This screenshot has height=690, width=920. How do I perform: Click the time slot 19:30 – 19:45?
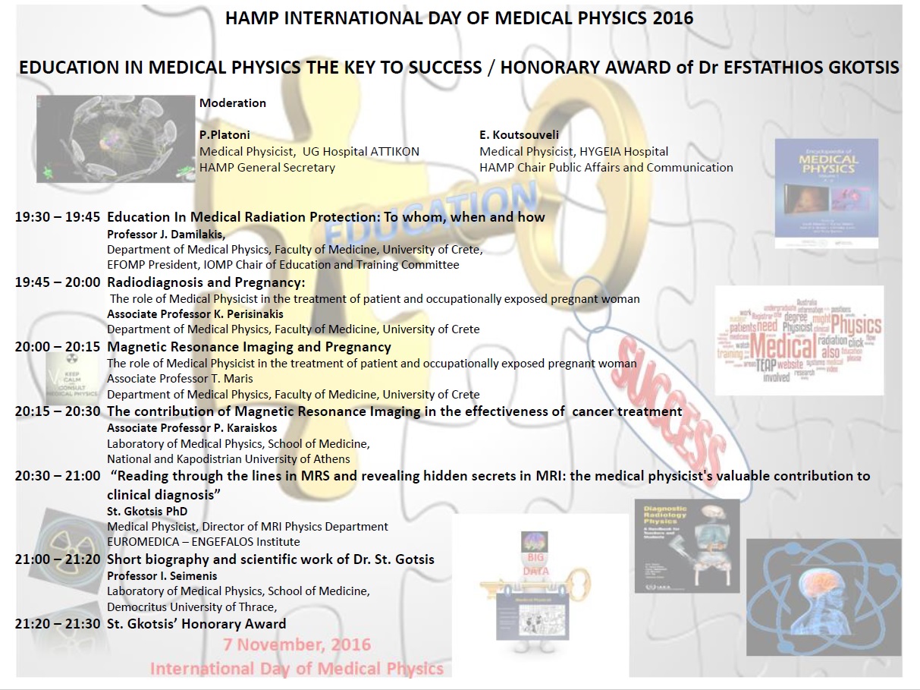(x=58, y=217)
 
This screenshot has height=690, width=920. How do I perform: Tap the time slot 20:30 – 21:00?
(x=58, y=476)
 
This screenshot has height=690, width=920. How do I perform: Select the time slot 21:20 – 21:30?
(x=58, y=624)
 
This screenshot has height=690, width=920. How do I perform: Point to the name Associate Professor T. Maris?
(x=180, y=378)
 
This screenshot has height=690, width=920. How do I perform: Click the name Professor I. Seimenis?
(x=162, y=575)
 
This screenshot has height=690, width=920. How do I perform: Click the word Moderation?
(x=233, y=102)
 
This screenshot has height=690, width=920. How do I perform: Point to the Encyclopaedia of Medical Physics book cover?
(x=826, y=194)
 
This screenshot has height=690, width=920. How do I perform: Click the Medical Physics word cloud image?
(x=799, y=340)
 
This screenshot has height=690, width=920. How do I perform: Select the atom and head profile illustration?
(x=824, y=597)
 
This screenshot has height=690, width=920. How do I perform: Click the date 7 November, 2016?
(x=297, y=645)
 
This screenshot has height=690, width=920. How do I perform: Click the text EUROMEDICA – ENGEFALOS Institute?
(x=203, y=542)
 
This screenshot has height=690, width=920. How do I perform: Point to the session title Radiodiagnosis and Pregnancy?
(x=206, y=282)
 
